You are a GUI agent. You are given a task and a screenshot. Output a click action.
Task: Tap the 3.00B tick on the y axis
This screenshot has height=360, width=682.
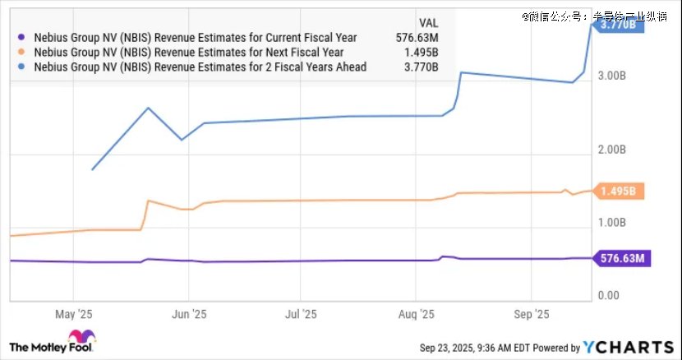pyautogui.click(x=614, y=76)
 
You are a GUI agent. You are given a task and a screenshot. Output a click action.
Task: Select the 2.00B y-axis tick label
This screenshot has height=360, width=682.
pyautogui.click(x=614, y=150)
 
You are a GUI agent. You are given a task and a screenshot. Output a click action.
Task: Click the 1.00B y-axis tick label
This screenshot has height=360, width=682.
pyautogui.click(x=614, y=222)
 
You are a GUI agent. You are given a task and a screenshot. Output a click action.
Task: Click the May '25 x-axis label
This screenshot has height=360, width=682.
pyautogui.click(x=74, y=314)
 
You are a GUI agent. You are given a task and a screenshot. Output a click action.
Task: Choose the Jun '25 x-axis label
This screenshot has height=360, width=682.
pyautogui.click(x=188, y=314)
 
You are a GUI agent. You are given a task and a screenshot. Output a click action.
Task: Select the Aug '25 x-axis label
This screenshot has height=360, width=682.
pyautogui.click(x=416, y=314)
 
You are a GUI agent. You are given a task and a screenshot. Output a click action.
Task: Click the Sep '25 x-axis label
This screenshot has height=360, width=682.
pyautogui.click(x=530, y=314)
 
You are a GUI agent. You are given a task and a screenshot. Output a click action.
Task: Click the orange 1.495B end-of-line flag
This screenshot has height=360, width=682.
pyautogui.click(x=618, y=192)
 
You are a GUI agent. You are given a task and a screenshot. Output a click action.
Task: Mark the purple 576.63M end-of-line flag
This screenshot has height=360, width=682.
pyautogui.click(x=621, y=259)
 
